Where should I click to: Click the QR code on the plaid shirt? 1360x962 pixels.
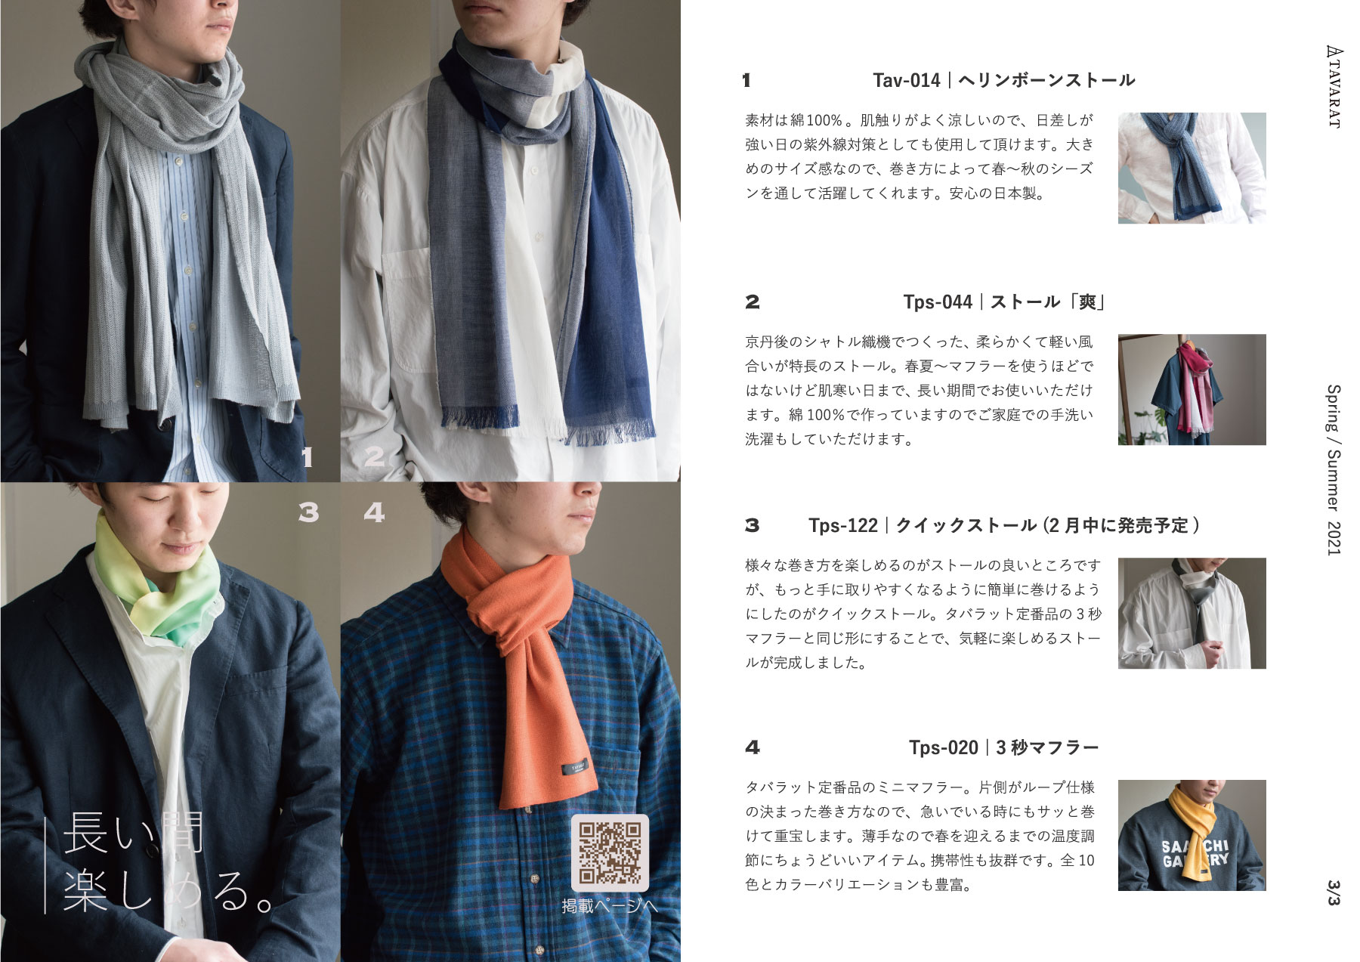610,852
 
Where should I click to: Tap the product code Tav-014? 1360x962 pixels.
906,80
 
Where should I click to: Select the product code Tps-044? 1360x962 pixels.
938,302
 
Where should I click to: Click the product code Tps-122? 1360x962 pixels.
843,525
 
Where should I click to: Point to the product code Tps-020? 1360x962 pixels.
944,747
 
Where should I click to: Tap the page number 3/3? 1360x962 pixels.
1333,892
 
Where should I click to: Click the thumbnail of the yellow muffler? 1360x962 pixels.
1192,835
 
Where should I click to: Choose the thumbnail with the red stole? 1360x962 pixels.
1192,389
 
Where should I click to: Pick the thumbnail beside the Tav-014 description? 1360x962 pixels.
1192,168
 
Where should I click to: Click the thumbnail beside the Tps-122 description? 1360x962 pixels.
1192,613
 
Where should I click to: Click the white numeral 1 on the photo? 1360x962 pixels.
307,457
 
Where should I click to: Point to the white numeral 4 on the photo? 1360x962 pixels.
374,513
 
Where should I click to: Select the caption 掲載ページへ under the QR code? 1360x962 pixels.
610,905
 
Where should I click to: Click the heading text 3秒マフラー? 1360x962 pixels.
1047,747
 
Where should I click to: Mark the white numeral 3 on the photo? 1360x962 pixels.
308,513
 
